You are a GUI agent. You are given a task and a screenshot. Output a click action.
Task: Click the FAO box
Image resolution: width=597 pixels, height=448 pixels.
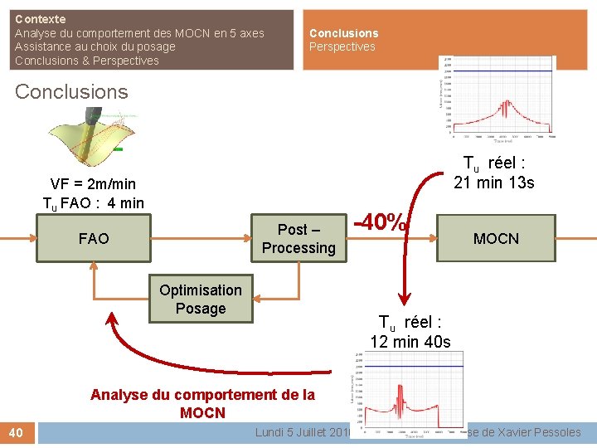click(93, 239)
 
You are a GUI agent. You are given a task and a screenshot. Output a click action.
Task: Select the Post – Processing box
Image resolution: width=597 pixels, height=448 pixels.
click(298, 239)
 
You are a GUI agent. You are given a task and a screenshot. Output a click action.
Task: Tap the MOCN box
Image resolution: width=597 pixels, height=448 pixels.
click(496, 239)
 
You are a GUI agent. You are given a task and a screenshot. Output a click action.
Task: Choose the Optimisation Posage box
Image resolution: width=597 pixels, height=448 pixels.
click(201, 299)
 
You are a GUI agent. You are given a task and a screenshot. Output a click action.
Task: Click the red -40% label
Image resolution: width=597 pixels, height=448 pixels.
click(381, 223)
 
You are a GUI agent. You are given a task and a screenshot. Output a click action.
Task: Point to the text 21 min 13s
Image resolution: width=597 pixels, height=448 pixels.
click(494, 183)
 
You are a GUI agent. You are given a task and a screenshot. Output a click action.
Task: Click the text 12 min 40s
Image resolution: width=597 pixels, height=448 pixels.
click(410, 342)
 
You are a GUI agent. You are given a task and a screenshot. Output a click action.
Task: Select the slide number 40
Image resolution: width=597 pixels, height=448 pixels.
click(17, 432)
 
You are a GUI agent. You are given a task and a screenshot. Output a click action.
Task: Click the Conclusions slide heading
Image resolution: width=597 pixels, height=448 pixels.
click(71, 92)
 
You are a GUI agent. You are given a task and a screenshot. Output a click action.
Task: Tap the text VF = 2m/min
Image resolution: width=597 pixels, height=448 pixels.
click(93, 184)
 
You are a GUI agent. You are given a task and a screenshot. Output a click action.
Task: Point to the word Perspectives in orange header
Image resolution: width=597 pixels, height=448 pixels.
click(342, 47)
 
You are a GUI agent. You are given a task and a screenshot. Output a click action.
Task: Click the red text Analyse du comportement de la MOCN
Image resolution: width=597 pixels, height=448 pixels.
click(202, 403)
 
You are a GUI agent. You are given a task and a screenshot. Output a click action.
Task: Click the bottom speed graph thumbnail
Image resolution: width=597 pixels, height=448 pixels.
click(404, 395)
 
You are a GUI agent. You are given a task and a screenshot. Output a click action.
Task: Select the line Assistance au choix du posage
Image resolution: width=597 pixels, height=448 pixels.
click(95, 47)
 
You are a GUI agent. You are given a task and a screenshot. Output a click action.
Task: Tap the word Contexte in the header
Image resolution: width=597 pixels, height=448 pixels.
click(41, 19)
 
